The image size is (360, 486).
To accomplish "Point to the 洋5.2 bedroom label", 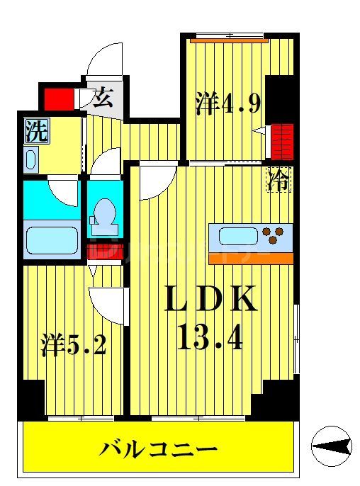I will click(x=73, y=348).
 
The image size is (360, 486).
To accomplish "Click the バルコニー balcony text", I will click(x=157, y=448).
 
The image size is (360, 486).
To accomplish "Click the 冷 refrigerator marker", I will click(x=278, y=180).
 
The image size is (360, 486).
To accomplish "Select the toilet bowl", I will click(x=104, y=213).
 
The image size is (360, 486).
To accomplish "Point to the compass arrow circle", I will click(x=332, y=446).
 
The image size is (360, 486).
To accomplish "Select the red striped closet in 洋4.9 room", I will click(x=283, y=141).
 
